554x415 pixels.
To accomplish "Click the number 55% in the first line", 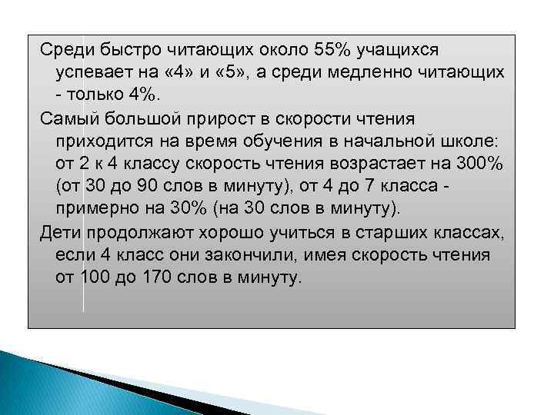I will coord(332,51).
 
